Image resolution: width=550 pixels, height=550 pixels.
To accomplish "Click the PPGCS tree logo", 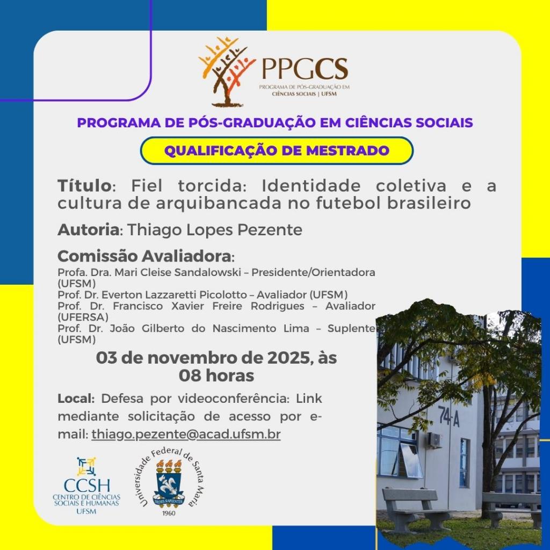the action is [226, 71].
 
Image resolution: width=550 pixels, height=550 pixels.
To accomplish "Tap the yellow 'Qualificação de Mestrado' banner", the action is [277, 150].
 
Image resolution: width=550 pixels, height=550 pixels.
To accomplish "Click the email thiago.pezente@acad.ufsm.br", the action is [186, 434].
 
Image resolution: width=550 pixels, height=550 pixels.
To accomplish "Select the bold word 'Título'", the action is [84, 185].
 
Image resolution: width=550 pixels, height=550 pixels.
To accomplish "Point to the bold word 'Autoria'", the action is [89, 230].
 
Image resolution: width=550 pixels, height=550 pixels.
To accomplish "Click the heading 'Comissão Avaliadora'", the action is [144, 256].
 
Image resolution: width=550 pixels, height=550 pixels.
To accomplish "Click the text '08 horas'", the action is [216, 375].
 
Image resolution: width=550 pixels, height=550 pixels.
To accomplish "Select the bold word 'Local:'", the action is [76, 399].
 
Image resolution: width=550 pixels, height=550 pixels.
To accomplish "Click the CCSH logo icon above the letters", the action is [86, 466].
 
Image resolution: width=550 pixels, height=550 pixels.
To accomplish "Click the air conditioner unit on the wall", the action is [435, 439].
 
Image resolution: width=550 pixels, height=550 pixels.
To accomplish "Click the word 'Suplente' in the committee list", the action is [351, 329].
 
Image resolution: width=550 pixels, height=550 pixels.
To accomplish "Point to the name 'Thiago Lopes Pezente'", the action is [214, 230].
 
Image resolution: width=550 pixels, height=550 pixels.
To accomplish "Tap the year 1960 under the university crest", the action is [169, 513].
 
